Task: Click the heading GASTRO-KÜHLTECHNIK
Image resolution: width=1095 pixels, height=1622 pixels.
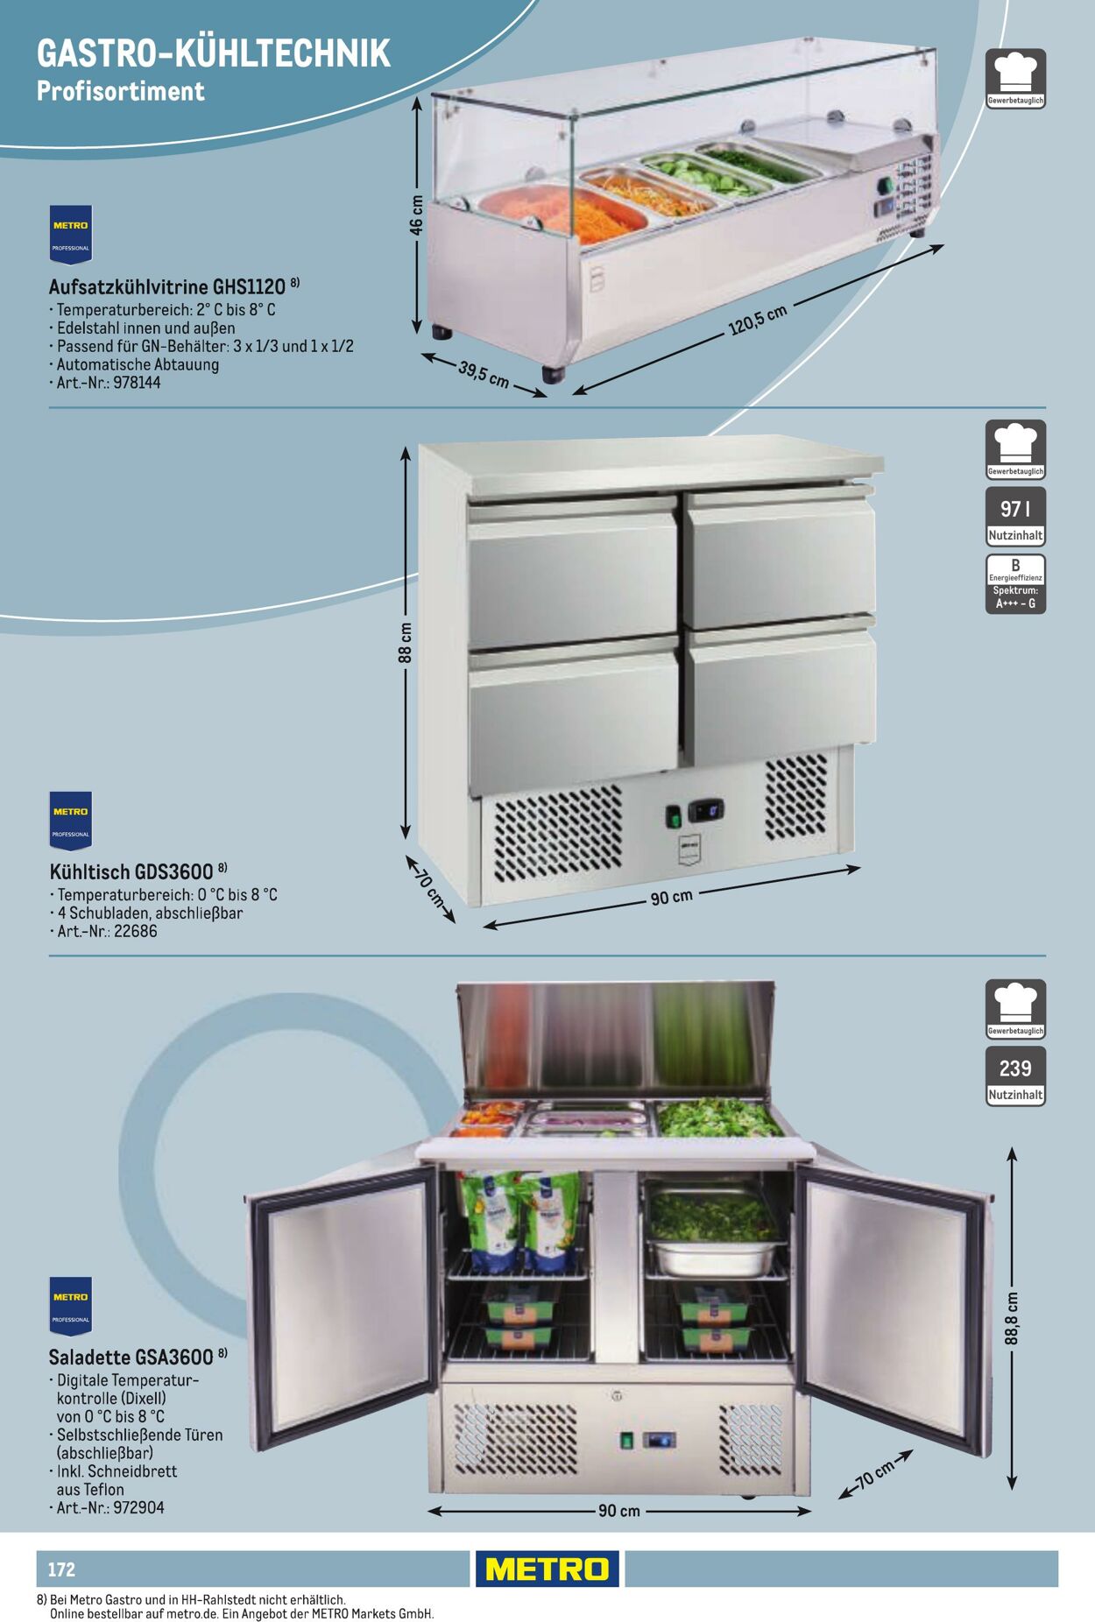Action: (213, 53)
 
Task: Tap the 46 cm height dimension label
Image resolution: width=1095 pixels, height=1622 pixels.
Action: (417, 215)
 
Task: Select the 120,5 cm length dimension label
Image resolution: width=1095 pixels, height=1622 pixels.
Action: (758, 319)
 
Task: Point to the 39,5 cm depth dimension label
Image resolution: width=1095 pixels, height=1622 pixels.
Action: (484, 374)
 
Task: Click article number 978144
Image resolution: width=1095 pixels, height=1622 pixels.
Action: (137, 383)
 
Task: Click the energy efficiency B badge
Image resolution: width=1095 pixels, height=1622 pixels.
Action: (1015, 583)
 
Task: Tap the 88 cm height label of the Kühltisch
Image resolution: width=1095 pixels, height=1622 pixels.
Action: (406, 643)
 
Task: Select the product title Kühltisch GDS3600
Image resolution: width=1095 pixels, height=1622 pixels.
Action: (131, 871)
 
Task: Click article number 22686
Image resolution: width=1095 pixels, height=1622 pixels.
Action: (136, 931)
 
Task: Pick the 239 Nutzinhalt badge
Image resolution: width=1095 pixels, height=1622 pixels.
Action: (1015, 1076)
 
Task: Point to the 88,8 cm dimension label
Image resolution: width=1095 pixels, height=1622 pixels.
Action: (1012, 1318)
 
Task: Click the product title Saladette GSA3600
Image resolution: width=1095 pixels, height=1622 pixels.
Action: (131, 1357)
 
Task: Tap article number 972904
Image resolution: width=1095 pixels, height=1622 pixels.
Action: (139, 1507)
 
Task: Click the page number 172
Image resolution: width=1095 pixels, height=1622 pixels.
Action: (61, 1569)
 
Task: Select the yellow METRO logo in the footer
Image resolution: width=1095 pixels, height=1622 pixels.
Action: (547, 1569)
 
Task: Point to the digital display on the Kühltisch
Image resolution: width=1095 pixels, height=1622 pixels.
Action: (706, 810)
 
